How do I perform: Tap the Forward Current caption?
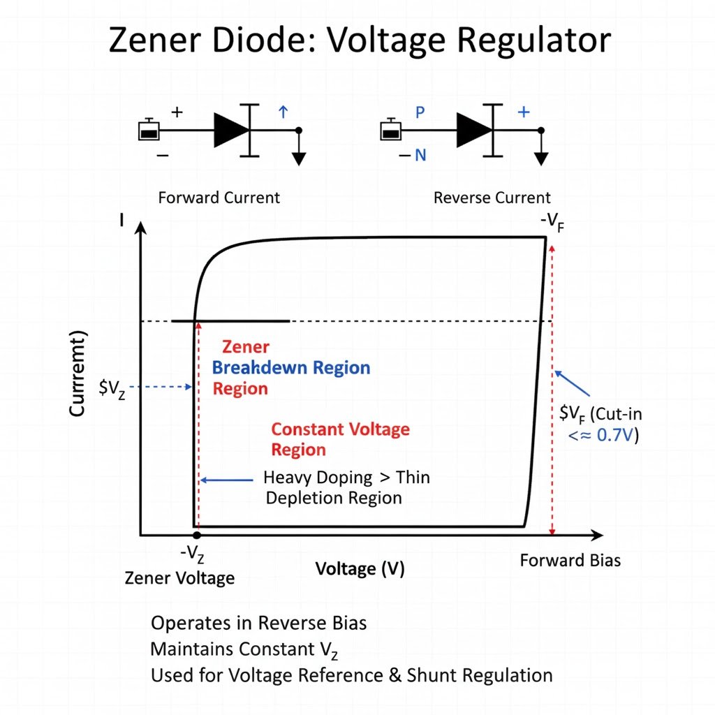click(x=219, y=198)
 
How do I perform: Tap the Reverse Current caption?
click(x=492, y=198)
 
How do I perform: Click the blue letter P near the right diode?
click(x=420, y=112)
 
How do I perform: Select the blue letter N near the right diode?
click(x=420, y=155)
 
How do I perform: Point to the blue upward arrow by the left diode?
click(x=283, y=112)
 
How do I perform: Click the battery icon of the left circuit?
click(x=149, y=131)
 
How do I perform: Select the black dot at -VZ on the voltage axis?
click(x=196, y=536)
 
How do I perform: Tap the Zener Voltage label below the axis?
click(x=179, y=578)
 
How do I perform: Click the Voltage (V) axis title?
click(x=360, y=568)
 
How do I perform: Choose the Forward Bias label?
click(x=570, y=561)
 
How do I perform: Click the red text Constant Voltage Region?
click(x=339, y=439)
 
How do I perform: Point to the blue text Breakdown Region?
click(x=290, y=367)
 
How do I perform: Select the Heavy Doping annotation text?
click(x=346, y=487)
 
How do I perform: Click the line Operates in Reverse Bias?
click(x=258, y=623)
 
